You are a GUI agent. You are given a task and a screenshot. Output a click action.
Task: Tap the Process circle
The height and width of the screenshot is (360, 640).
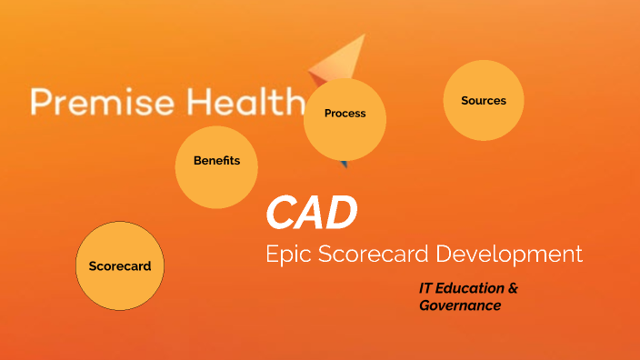(x=345, y=118)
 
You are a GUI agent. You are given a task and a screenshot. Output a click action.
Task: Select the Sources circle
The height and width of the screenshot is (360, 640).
(x=483, y=101)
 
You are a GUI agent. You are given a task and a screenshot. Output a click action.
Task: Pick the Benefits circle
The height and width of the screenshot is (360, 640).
(x=216, y=165)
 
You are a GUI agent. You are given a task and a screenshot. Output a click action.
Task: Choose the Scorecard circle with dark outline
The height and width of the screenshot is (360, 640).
(x=120, y=265)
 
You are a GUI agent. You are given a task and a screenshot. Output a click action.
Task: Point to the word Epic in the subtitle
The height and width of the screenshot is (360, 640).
(x=288, y=255)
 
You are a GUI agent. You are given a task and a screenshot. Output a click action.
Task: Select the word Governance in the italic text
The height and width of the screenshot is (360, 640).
(x=460, y=305)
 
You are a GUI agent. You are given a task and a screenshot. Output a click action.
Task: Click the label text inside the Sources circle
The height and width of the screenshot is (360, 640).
(x=483, y=101)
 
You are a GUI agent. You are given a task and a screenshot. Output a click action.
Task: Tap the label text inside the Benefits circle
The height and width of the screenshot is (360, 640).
(x=216, y=161)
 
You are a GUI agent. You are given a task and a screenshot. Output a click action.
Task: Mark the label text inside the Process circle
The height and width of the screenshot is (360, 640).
(x=345, y=114)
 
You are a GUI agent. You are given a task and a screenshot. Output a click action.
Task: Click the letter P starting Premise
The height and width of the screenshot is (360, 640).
(x=39, y=102)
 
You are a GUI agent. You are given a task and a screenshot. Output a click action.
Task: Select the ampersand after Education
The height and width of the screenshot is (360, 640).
(x=513, y=288)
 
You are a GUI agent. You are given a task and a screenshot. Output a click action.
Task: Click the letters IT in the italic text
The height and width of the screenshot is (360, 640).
(x=425, y=288)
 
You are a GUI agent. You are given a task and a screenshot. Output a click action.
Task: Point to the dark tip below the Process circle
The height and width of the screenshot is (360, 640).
(x=345, y=165)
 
